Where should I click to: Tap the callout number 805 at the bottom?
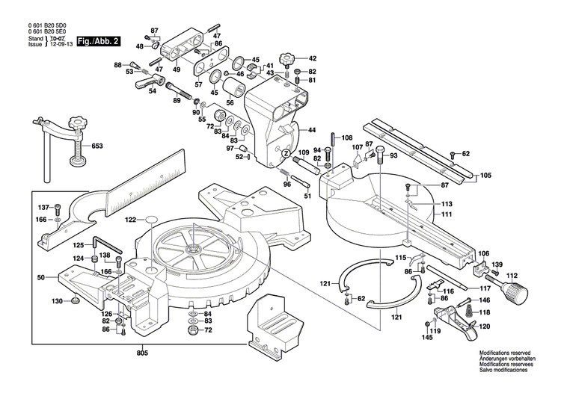point(142,352)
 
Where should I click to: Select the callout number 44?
point(312,129)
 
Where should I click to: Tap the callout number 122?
point(131,220)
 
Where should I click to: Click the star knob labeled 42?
point(288,58)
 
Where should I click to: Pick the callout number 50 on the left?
point(42,277)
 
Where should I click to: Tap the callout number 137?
point(43,207)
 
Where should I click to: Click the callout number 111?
point(447,214)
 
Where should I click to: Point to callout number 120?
point(484,327)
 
